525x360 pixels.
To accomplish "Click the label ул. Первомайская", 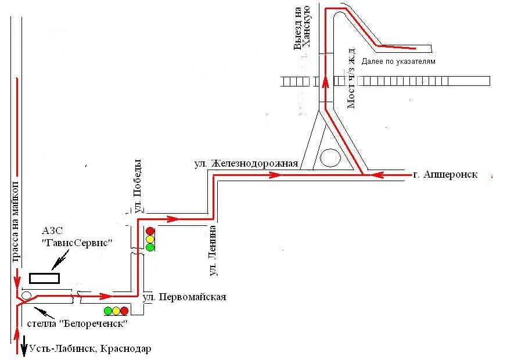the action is click(184, 297).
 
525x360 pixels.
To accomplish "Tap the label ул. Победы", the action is click(138, 185).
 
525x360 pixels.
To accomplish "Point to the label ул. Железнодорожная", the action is click(246, 164).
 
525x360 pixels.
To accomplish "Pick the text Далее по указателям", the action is click(398, 61).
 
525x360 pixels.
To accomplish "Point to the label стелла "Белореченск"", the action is click(77, 323).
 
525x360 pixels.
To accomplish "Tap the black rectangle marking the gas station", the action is click(45, 278).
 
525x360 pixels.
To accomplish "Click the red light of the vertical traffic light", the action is click(150, 231).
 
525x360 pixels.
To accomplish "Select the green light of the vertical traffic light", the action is click(150, 247).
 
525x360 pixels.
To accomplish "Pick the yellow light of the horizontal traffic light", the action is click(116, 311).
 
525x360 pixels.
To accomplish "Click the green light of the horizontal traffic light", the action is click(107, 311).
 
